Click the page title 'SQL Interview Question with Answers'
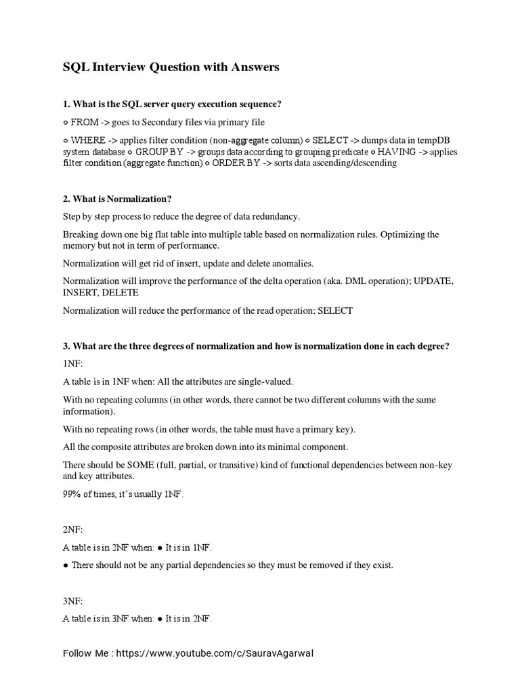click(171, 67)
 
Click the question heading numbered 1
click(172, 104)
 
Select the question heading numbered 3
click(256, 346)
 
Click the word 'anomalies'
click(291, 263)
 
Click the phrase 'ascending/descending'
click(351, 163)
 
